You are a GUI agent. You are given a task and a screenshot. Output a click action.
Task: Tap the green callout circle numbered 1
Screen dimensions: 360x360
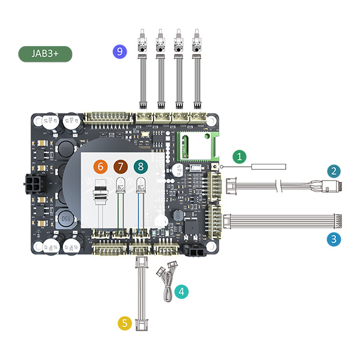(239, 157)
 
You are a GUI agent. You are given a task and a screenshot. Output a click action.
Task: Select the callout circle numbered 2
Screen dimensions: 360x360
(334, 170)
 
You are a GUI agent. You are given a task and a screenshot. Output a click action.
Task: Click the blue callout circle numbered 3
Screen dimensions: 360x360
(334, 239)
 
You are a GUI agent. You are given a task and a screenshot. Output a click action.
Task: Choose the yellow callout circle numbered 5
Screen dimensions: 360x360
(101, 166)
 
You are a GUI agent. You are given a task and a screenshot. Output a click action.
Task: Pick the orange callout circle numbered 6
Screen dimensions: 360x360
(121, 166)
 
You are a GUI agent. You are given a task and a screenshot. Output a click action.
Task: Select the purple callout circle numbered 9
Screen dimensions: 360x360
(143, 66)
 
